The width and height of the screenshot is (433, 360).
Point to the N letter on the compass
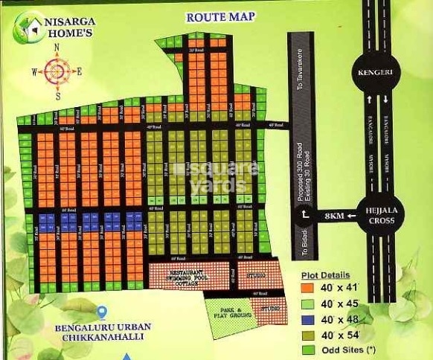pos(57,48)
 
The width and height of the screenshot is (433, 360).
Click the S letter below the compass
pos(57,96)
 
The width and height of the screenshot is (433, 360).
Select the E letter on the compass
pos(80,72)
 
